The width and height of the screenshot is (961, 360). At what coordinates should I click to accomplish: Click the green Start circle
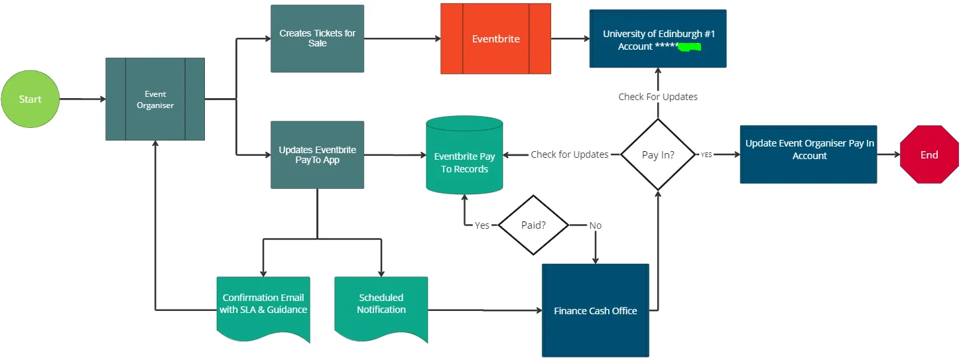30,99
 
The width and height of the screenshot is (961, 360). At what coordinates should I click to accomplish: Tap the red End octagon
929,154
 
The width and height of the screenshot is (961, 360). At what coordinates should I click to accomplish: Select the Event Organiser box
155,99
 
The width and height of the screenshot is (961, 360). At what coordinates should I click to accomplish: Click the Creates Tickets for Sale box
317,38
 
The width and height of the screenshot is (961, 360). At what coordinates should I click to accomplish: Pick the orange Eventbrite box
495,38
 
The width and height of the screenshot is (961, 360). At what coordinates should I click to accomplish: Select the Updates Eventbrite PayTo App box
317,154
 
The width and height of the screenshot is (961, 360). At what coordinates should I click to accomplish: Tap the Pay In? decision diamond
658,154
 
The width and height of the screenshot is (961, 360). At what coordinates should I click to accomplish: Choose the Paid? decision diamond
533,225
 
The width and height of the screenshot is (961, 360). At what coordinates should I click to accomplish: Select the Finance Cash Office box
595,310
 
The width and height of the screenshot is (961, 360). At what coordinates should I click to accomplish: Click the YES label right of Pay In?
706,154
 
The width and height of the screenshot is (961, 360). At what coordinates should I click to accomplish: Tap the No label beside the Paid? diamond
595,225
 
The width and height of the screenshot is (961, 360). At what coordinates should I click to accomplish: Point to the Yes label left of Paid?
482,225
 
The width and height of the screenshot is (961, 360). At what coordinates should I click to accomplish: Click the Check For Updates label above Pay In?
658,97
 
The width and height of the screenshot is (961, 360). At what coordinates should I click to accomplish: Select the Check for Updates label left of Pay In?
569,154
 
